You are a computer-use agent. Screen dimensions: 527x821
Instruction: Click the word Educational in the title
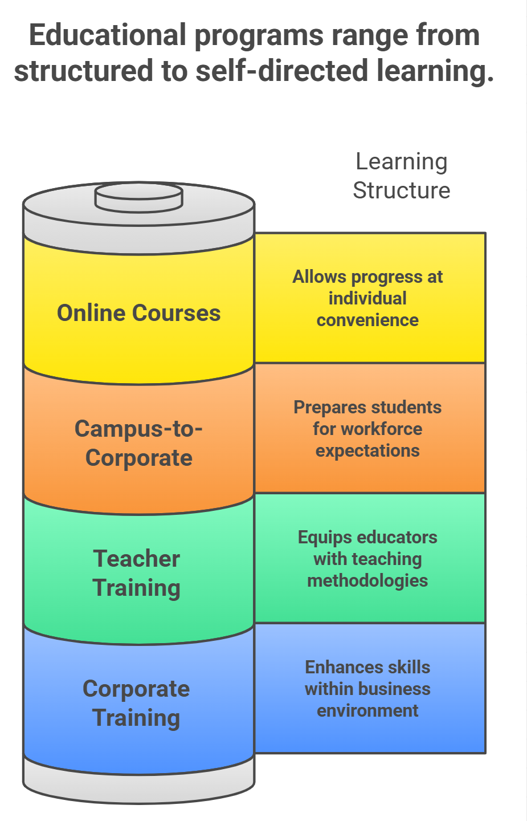pyautogui.click(x=108, y=35)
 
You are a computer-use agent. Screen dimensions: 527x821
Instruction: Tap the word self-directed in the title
pyautogui.click(x=281, y=70)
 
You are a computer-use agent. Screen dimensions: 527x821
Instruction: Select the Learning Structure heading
pyautogui.click(x=402, y=176)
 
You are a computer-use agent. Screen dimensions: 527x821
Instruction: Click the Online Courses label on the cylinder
pyautogui.click(x=139, y=313)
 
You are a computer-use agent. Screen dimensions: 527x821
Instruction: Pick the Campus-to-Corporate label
pyautogui.click(x=139, y=443)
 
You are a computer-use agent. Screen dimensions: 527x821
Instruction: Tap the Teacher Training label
pyautogui.click(x=136, y=574)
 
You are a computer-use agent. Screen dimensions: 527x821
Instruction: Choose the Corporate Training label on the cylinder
pyautogui.click(x=136, y=704)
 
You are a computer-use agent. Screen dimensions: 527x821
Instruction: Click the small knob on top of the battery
pyautogui.click(x=139, y=198)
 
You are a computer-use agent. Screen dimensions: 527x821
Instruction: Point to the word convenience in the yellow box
pyautogui.click(x=367, y=320)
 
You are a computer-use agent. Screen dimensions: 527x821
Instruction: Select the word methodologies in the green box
pyautogui.click(x=367, y=581)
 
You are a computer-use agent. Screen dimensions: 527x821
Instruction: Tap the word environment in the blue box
pyautogui.click(x=367, y=710)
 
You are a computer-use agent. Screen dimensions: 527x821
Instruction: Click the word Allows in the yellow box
pyautogui.click(x=319, y=277)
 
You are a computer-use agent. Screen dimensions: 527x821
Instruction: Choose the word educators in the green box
pyautogui.click(x=397, y=537)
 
